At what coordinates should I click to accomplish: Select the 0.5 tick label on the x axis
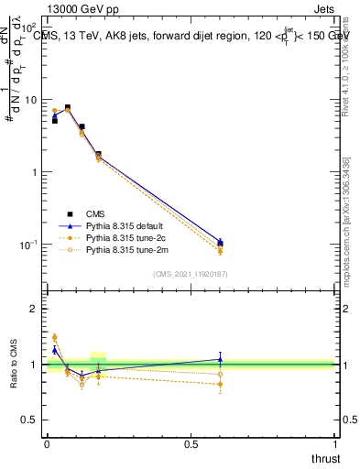tap(191, 444)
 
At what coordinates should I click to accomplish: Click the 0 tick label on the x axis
tap(47, 444)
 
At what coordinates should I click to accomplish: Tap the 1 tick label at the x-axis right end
tap(334, 444)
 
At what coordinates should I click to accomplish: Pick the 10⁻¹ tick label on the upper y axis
tap(27, 245)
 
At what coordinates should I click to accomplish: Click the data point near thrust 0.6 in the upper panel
tap(220, 244)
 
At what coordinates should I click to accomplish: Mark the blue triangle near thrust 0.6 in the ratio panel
tap(220, 359)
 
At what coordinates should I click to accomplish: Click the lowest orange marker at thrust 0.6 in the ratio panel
tap(220, 385)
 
